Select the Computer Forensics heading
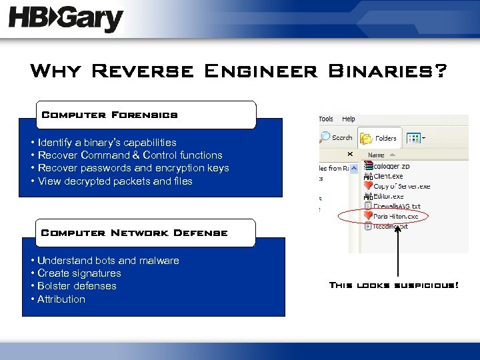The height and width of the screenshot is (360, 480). tap(110, 115)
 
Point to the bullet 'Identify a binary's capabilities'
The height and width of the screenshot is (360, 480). tap(107, 142)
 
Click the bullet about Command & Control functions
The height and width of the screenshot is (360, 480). tap(130, 155)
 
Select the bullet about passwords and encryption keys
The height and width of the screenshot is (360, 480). tap(133, 168)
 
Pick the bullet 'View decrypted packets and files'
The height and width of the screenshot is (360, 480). tap(115, 181)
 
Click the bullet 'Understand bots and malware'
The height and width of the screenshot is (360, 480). tap(108, 260)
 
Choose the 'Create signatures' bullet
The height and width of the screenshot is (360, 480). tap(79, 273)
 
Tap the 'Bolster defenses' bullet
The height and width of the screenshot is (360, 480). tap(77, 285)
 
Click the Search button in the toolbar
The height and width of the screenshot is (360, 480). tap(337, 138)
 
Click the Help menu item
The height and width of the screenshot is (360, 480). tap(349, 119)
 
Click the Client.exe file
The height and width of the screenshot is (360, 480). tap(389, 176)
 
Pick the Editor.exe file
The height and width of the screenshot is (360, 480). tap(389, 196)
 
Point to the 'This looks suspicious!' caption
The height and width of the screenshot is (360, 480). tap(394, 285)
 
